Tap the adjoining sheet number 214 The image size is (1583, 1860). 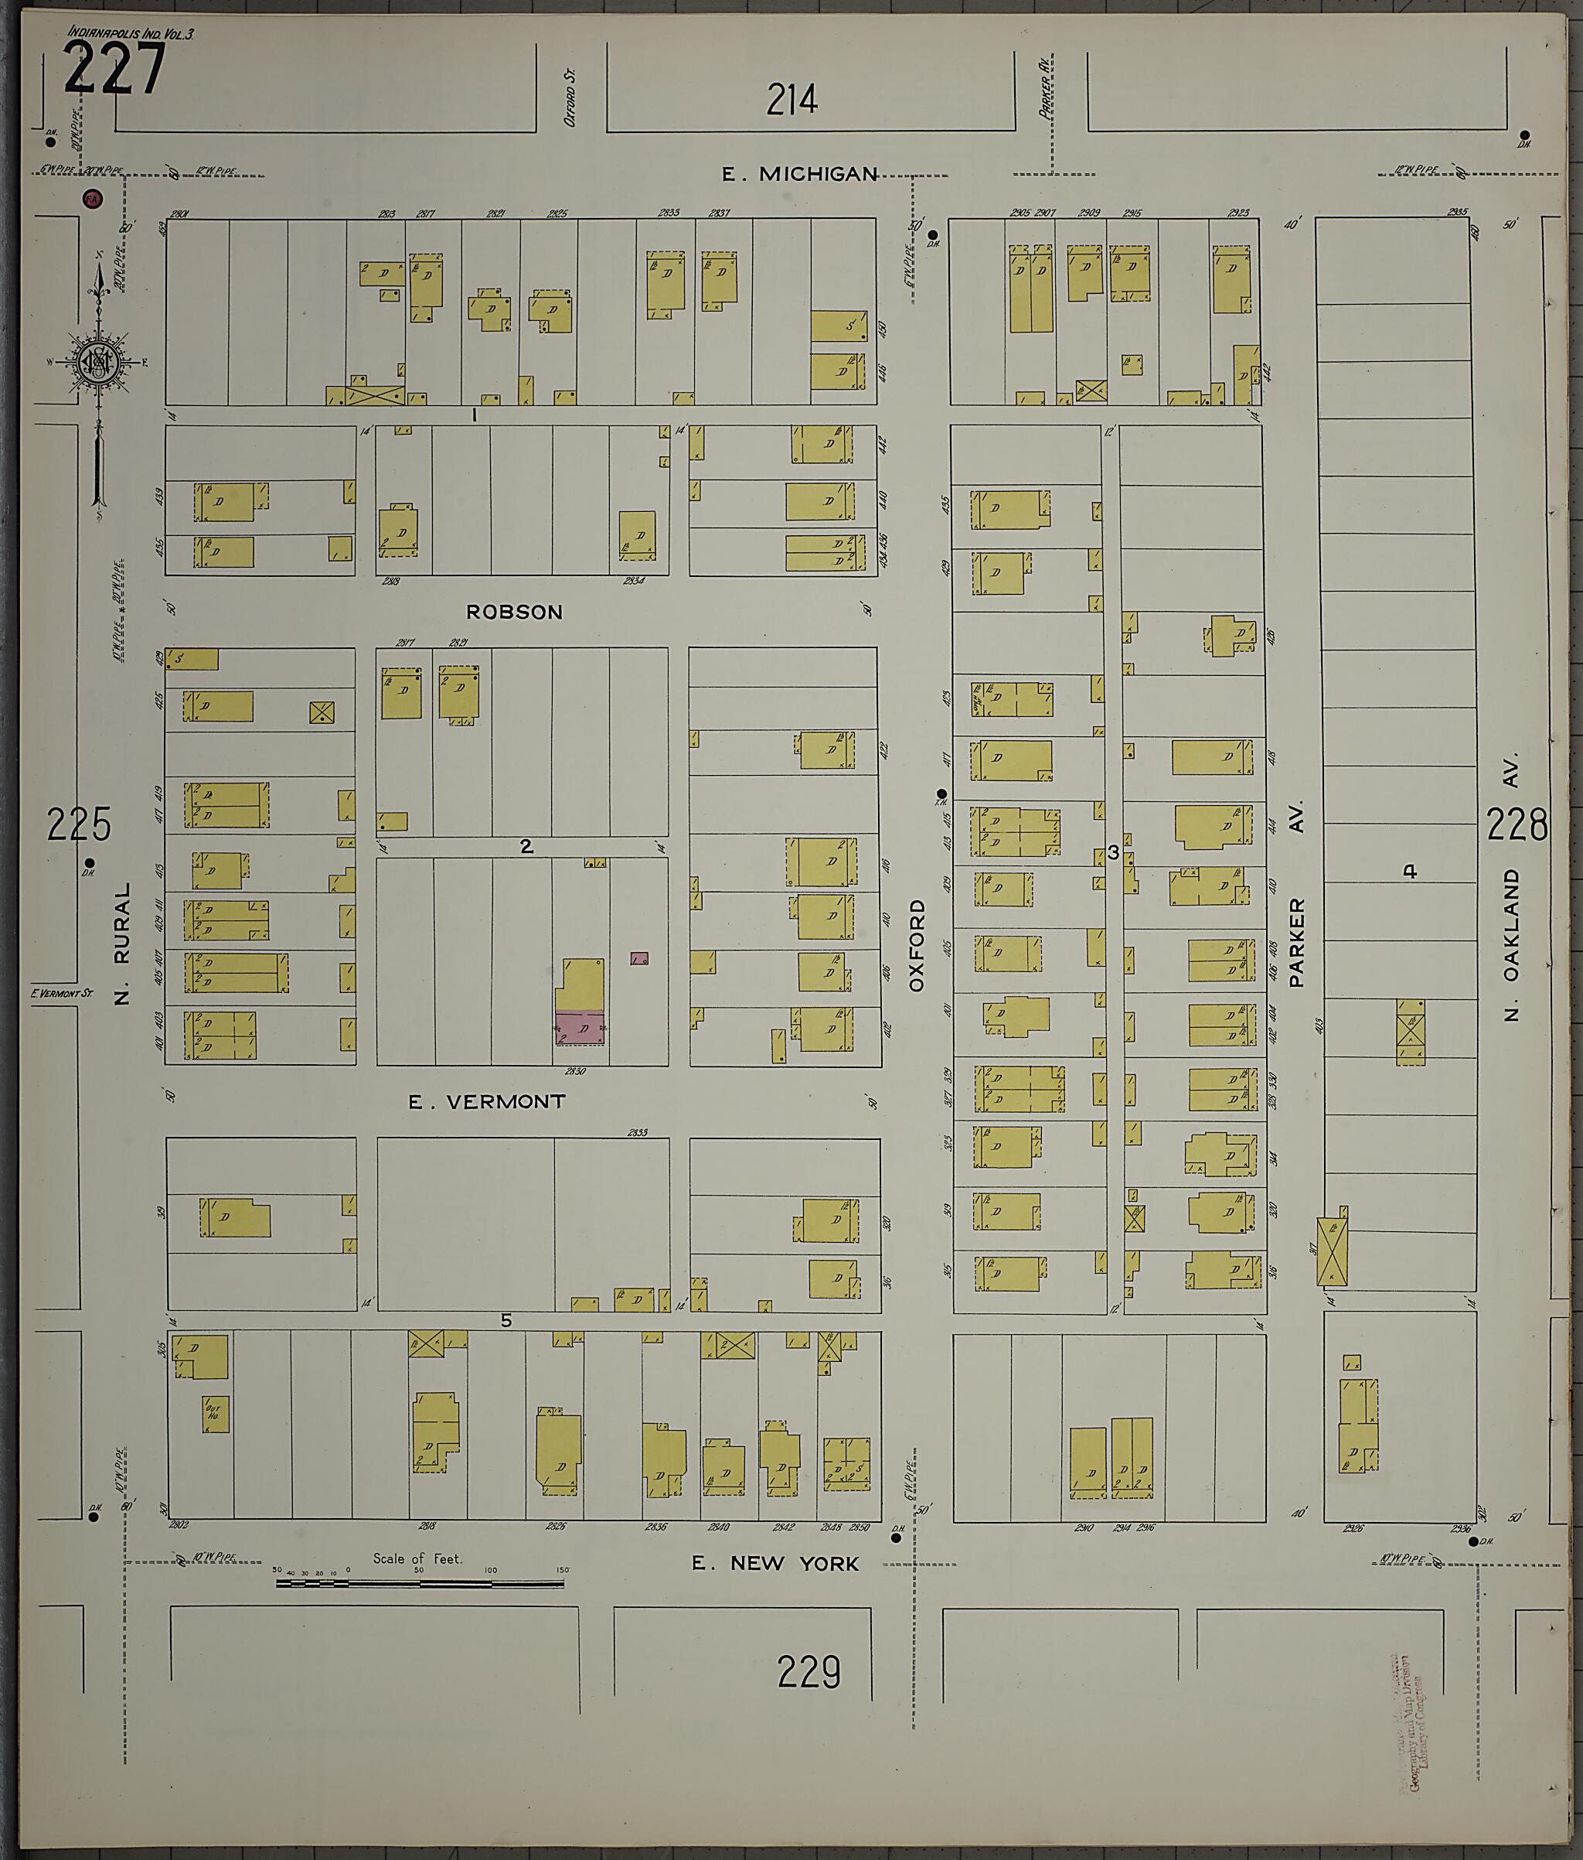[x=791, y=100]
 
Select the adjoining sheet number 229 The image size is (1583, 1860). [x=809, y=1672]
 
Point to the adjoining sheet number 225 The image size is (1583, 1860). [x=79, y=824]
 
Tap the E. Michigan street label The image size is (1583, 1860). [x=799, y=174]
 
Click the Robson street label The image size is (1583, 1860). [x=514, y=613]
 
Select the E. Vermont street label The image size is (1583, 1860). [x=486, y=1101]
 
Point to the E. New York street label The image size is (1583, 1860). [x=774, y=1564]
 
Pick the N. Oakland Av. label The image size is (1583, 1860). [x=1512, y=887]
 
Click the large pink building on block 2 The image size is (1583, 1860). [x=580, y=1028]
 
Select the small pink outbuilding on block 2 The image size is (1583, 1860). [x=639, y=959]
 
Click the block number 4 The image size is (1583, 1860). [x=1410, y=871]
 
